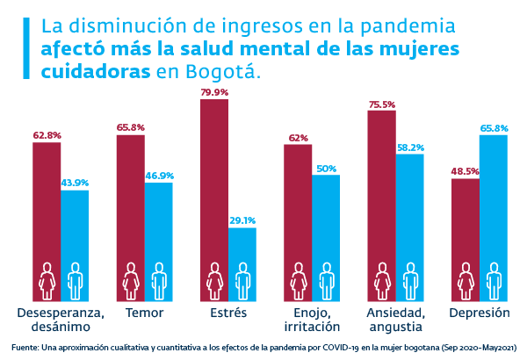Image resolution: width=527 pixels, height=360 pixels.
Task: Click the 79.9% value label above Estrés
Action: [x=214, y=92]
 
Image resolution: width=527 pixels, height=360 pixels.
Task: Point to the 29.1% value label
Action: [x=242, y=221]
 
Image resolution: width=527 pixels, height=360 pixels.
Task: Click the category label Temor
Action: [x=145, y=313]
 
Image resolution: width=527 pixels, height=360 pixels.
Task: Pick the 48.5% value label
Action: [x=466, y=172]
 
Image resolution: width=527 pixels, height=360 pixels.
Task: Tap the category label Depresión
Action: [x=480, y=313]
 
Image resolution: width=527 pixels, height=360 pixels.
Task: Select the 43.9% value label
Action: [x=75, y=183]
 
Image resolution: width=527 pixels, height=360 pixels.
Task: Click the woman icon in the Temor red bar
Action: [x=131, y=279]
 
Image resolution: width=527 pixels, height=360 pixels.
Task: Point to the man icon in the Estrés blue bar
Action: [x=242, y=279]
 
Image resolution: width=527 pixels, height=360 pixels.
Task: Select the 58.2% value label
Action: [x=410, y=148]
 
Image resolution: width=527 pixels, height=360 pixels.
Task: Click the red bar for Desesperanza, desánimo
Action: [x=47, y=211]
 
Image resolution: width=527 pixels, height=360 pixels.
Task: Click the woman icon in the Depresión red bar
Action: [x=466, y=279]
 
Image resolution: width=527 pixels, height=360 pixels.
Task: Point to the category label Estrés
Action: [x=228, y=313]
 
